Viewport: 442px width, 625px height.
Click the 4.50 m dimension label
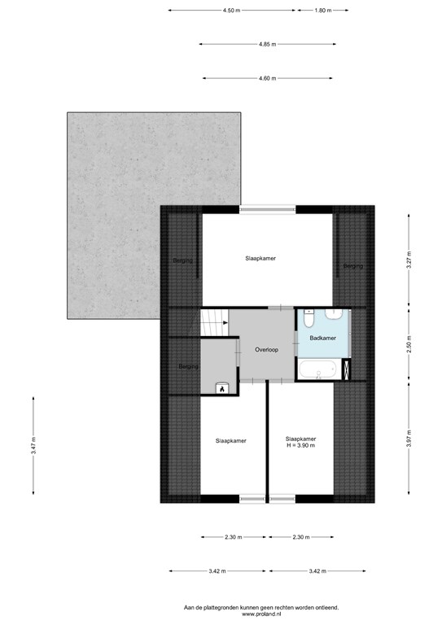tap(231, 11)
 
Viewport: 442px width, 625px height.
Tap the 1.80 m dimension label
tap(323, 11)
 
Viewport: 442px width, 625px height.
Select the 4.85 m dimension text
tap(268, 44)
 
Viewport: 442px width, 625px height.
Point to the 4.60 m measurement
tap(268, 78)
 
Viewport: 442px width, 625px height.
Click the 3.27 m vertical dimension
tap(409, 260)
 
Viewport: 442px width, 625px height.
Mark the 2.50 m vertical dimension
tap(409, 344)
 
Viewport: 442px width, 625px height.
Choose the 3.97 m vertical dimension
tap(409, 438)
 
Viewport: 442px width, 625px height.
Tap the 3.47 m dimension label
tap(33, 446)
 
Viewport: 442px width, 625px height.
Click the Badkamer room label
tap(323, 338)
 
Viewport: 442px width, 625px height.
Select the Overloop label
tap(267, 350)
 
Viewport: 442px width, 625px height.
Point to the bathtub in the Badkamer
tap(319, 369)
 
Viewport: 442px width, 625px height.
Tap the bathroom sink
tap(334, 314)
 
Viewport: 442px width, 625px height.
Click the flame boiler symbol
tap(221, 388)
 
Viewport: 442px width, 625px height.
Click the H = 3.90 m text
tap(301, 445)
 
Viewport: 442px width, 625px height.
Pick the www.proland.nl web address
tap(261, 614)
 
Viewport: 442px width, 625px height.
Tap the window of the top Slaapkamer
tap(268, 209)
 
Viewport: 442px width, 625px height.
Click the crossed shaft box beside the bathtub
tap(346, 369)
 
